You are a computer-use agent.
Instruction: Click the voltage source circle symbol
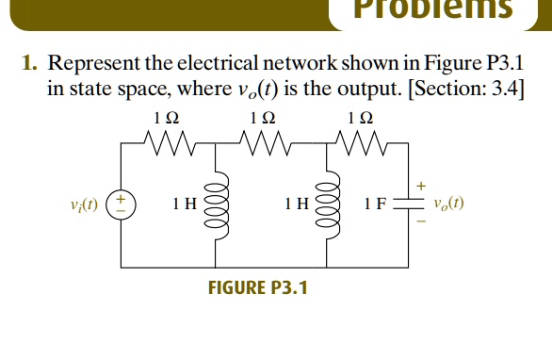click(x=122, y=205)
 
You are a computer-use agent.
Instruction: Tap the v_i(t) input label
click(x=87, y=205)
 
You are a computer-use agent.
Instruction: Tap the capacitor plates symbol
click(x=407, y=205)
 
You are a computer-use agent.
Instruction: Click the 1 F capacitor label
click(x=378, y=205)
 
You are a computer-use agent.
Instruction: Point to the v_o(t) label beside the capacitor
click(x=448, y=205)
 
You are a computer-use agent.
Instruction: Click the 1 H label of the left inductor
click(x=184, y=205)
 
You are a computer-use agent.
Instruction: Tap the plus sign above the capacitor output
click(x=422, y=185)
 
